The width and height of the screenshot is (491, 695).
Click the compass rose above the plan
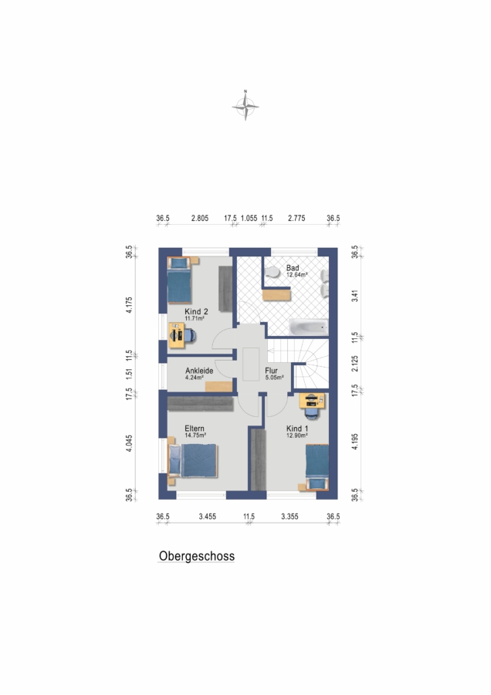point(245,106)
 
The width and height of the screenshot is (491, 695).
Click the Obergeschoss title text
point(197,556)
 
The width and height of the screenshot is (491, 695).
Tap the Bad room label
point(293,268)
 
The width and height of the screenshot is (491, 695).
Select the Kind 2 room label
point(196,312)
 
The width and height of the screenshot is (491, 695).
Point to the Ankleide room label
point(199,371)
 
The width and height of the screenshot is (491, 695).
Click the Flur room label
point(271,371)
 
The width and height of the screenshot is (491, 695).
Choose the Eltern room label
point(195,429)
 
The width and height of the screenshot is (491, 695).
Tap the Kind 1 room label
point(297,429)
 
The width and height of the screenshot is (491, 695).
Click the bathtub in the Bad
point(309,327)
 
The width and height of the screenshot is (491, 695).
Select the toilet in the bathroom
point(273,272)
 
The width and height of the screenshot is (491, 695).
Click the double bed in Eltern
point(193,461)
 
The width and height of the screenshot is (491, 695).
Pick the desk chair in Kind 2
point(190,336)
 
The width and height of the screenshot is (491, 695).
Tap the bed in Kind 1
point(317,467)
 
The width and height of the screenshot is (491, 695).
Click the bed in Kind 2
point(179,280)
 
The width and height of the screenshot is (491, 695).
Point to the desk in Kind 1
point(312,401)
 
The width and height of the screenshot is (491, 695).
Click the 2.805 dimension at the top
point(200,218)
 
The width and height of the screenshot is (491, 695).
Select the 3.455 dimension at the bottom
point(208,517)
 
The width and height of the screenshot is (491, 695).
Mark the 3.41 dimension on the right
point(354,296)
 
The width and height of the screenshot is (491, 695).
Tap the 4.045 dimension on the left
point(129,442)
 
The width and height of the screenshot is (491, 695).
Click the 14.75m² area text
point(195,436)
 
